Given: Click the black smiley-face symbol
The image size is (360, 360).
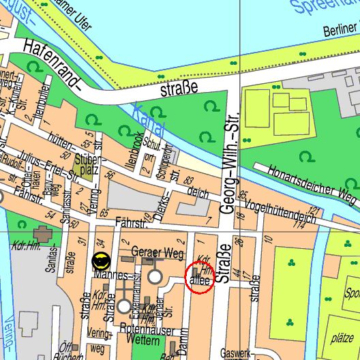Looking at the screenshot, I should coord(101,260).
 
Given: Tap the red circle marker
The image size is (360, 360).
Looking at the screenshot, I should coord(200,278).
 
